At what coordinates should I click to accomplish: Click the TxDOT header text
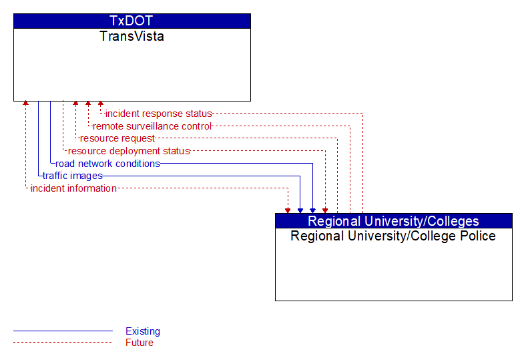click(131, 21)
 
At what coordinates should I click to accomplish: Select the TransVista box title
click(132, 36)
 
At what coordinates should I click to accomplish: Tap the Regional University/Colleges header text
click(393, 221)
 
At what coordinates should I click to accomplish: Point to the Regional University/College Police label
click(393, 236)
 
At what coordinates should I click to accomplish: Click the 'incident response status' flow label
click(159, 114)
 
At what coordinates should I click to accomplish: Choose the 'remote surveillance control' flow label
click(152, 126)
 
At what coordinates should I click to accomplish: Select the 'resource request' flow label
click(117, 138)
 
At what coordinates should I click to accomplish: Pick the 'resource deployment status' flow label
click(129, 151)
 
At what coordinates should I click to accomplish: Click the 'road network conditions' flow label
click(107, 164)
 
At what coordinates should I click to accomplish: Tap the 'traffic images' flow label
click(73, 176)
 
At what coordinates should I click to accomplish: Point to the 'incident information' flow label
click(73, 188)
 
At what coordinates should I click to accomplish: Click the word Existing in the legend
click(143, 331)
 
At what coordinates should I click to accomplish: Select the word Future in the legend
click(140, 343)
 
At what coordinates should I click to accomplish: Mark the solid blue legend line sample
click(63, 331)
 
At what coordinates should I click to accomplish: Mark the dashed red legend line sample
click(63, 343)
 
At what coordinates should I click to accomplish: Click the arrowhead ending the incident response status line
click(101, 104)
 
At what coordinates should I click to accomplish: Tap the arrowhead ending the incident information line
click(288, 210)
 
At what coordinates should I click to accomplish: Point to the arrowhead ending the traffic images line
click(300, 210)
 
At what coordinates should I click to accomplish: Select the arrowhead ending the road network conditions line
click(312, 210)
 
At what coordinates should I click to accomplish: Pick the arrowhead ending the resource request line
click(75, 104)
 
